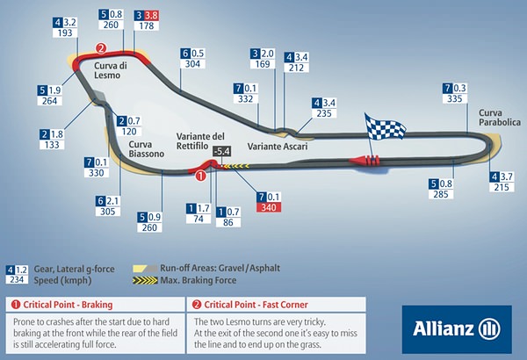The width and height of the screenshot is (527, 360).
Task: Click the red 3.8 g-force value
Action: point(150,15)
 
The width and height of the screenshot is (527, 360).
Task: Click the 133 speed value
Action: point(50,145)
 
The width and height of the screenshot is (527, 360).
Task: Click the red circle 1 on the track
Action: point(201,176)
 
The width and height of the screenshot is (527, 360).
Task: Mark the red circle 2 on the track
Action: point(101,49)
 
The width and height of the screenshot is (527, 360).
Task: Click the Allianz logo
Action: point(458,328)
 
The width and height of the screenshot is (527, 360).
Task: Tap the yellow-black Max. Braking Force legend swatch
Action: point(142,281)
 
